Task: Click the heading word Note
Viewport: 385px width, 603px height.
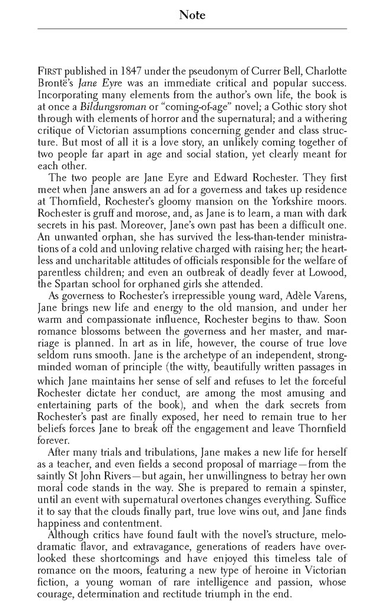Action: pos(192,16)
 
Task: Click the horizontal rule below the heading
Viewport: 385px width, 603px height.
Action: pos(192,28)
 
